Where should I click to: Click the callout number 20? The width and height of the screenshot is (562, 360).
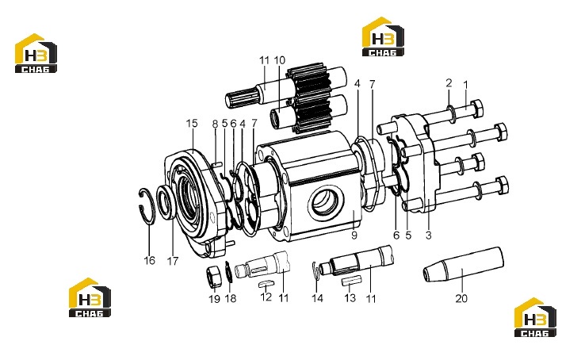point(461,298)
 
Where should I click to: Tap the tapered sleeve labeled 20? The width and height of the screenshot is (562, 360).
point(464,265)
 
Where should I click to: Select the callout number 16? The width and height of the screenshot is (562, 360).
point(150,260)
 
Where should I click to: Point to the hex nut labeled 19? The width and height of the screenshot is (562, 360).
point(214,277)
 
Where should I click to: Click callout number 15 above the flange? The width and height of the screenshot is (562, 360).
point(192,124)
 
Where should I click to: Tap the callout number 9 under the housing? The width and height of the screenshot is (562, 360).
point(354,236)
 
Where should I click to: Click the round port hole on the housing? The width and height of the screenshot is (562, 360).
point(326,201)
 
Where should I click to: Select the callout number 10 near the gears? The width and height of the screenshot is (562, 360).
point(280,60)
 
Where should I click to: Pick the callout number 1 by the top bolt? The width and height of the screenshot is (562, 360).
point(465,85)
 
